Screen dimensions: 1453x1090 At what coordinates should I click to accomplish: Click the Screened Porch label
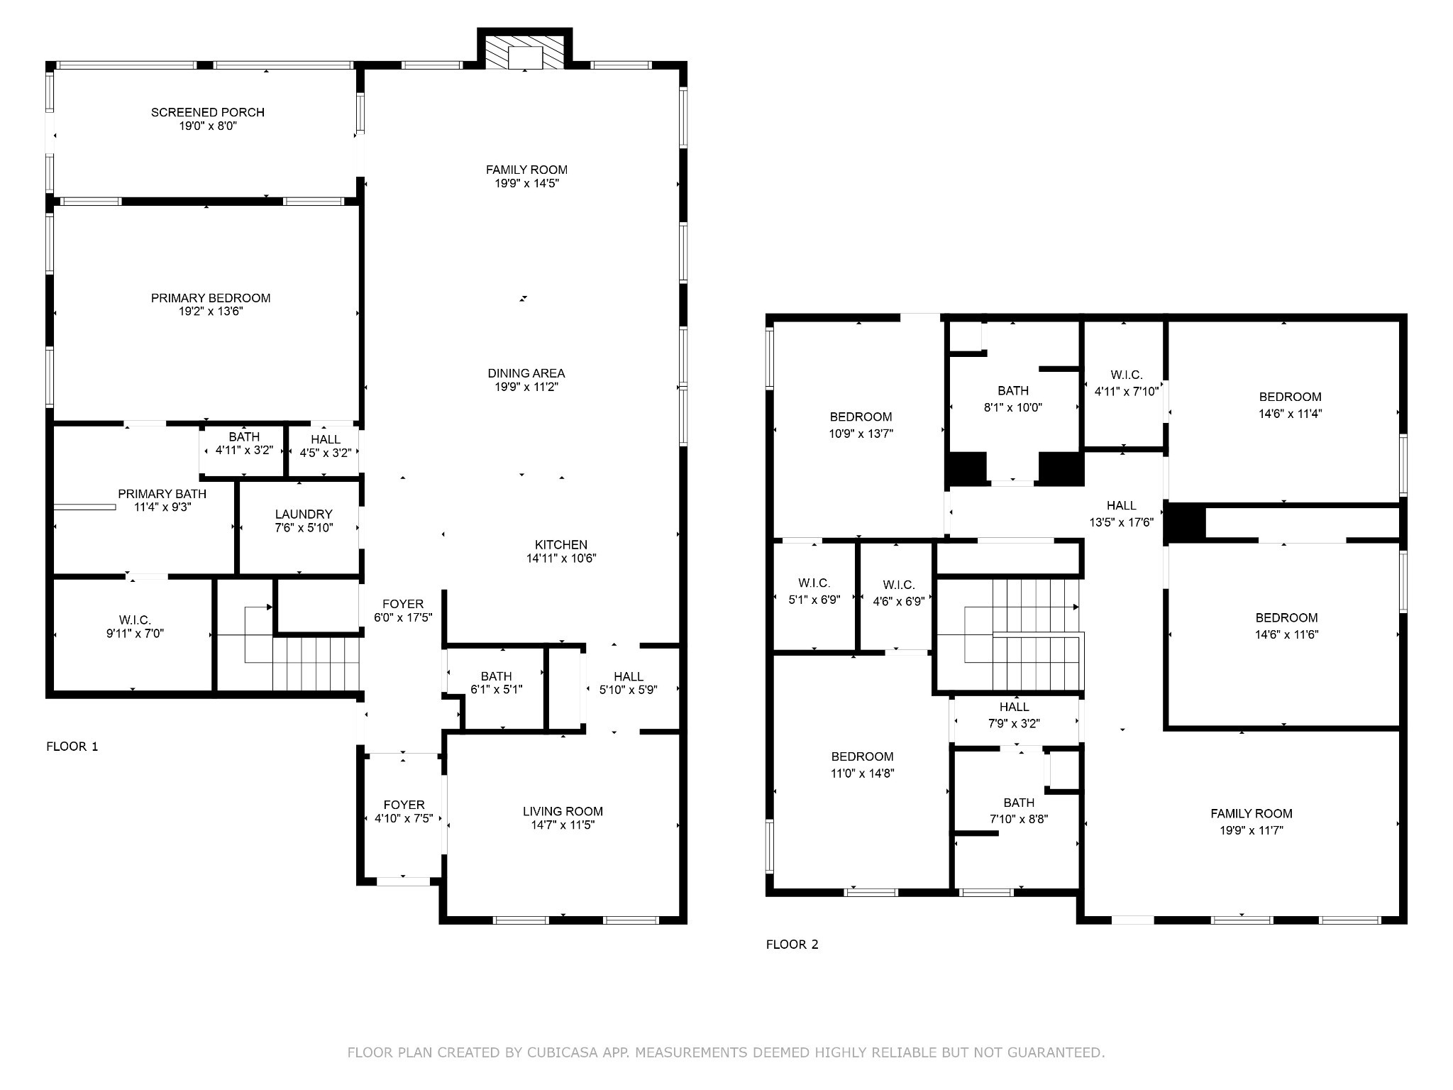tap(207, 112)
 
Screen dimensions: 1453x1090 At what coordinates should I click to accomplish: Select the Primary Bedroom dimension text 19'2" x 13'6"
tap(211, 312)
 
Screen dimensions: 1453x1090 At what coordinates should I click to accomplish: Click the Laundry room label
tap(304, 514)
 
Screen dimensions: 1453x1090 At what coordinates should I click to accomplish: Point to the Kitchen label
tap(561, 544)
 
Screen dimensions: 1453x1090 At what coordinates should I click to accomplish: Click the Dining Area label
tap(526, 373)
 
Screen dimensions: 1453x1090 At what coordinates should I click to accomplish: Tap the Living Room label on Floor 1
tap(563, 811)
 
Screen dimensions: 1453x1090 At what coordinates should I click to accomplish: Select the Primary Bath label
tap(162, 494)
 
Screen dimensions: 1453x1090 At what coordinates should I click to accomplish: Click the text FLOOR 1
tap(72, 747)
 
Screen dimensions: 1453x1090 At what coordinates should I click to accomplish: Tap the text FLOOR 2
tap(792, 945)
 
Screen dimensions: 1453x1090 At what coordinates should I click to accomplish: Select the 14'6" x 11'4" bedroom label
tap(1291, 405)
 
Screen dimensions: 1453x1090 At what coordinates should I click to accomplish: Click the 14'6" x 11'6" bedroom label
tap(1286, 627)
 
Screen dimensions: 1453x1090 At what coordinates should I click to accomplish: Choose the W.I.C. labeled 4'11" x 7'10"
tap(1127, 382)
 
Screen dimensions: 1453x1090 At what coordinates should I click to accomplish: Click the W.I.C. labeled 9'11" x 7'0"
tap(135, 627)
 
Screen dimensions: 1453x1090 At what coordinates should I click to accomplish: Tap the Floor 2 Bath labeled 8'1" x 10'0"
tap(1013, 399)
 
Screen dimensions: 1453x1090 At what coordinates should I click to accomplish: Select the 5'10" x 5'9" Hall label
tap(629, 683)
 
